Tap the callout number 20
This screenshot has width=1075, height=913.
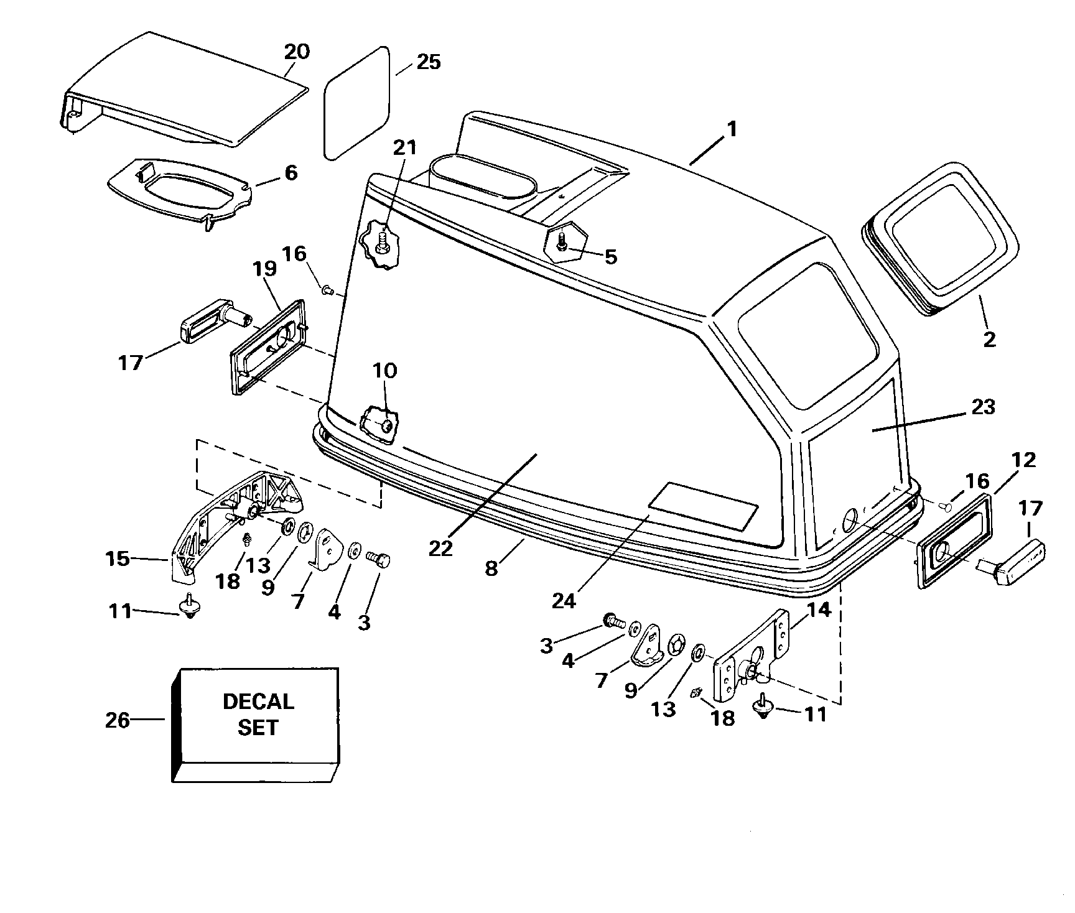point(297,51)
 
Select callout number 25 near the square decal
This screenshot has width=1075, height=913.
point(428,62)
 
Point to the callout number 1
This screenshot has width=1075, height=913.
point(732,129)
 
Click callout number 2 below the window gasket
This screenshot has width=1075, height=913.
point(989,339)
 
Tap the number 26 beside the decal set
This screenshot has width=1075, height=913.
point(118,720)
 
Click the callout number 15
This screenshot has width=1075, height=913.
point(118,558)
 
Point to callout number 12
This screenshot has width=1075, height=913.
point(1023,460)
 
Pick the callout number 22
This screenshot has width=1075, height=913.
point(440,549)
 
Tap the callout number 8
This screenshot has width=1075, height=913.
point(492,568)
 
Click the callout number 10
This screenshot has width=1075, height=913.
point(384,371)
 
